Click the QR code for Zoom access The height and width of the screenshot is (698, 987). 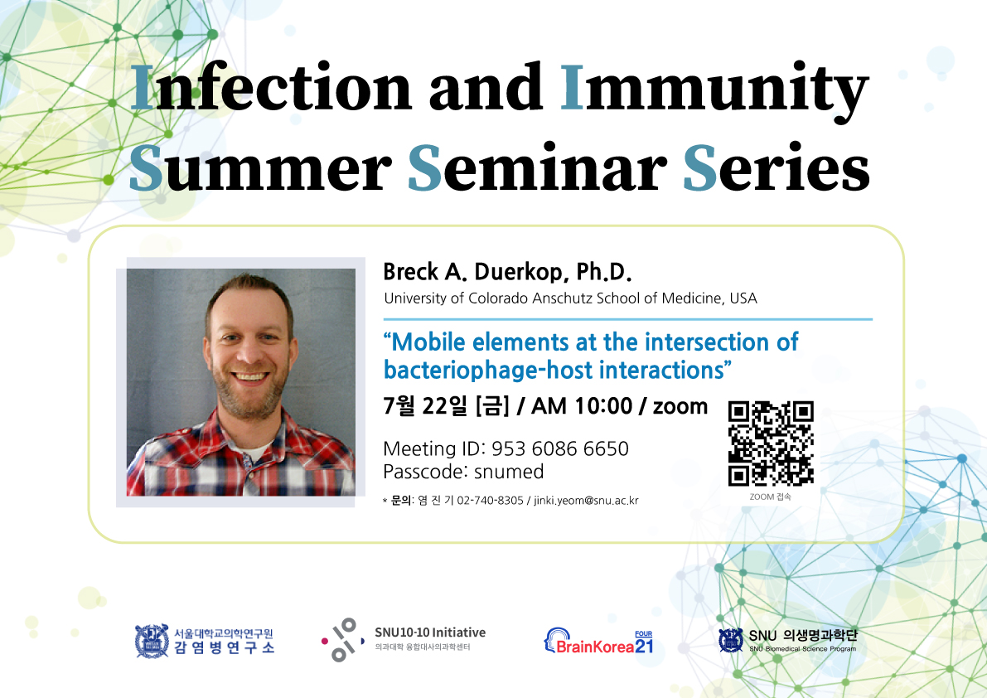click(x=771, y=444)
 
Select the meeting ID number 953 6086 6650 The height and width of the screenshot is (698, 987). click(x=559, y=448)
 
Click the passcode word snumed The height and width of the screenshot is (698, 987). click(x=509, y=472)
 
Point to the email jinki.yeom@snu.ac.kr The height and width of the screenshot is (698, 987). click(x=586, y=501)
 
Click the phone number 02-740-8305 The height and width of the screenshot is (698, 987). click(x=490, y=501)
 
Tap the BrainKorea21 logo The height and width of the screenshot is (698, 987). click(x=598, y=642)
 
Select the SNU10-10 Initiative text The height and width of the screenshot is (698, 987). click(x=430, y=633)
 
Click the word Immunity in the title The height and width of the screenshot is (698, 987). click(x=714, y=88)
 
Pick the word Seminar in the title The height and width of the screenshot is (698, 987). click(x=537, y=168)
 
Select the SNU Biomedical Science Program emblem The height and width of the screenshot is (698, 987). click(x=730, y=640)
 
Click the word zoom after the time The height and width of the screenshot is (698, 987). click(x=680, y=406)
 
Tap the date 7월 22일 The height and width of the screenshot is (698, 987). click(x=425, y=406)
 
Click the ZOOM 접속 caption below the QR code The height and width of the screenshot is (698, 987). click(x=771, y=497)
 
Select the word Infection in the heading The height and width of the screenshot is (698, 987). click(x=271, y=88)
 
